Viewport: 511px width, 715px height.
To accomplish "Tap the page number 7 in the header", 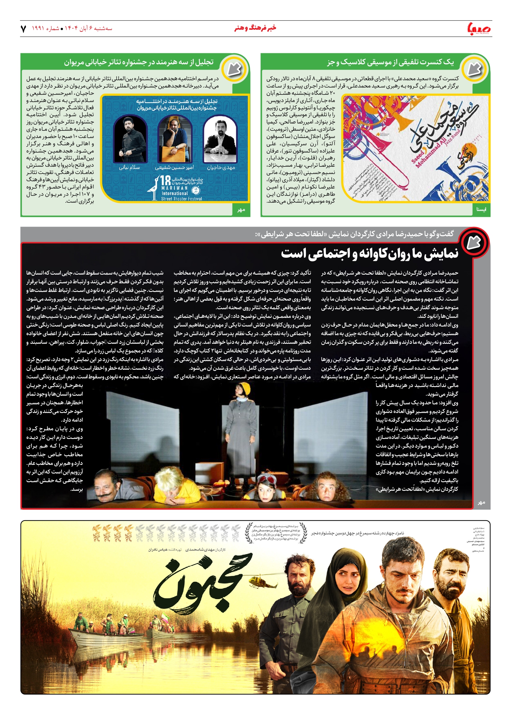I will pyautogui.click(x=24, y=29).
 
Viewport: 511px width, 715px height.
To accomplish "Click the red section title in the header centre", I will pyautogui.click(x=255, y=28).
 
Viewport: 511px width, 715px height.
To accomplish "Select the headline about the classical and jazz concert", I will pyautogui.click(x=390, y=62).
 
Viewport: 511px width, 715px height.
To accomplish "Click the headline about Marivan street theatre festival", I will pyautogui.click(x=139, y=62).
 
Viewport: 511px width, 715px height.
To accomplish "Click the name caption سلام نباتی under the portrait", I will pyautogui.click(x=129, y=167).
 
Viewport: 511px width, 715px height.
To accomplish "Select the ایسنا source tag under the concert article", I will pyautogui.click(x=481, y=209).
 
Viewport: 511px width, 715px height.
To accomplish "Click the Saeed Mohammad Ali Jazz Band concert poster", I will pyautogui.click(x=415, y=149).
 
